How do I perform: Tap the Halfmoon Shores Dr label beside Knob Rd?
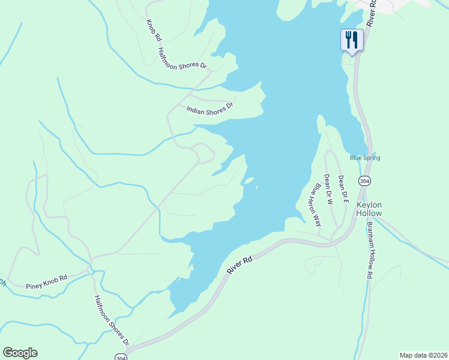coord(182,59)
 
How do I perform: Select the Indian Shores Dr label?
coord(209,109)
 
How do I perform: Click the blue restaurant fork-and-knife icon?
coord(352,40)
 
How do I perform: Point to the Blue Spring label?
coord(365,158)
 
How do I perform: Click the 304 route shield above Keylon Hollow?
coord(364,181)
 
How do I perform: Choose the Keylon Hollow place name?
coord(369,208)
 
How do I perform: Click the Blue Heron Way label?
coord(314,205)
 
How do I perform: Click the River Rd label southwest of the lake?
coord(240,265)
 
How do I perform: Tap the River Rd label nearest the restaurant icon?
coord(372,12)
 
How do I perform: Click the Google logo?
coord(20,353)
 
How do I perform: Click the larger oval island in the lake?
coord(249,179)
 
